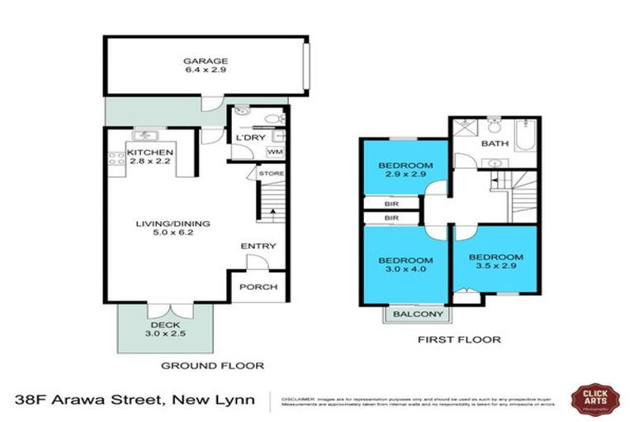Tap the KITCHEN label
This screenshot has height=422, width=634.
pos(150,153)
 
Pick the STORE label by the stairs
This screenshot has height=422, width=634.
pos(271,174)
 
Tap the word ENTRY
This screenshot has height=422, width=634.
pos(258,246)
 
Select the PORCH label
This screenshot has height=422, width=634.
pos(258,287)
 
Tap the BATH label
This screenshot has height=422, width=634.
pos(494,143)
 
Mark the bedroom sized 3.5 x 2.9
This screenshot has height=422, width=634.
pos(495,262)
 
